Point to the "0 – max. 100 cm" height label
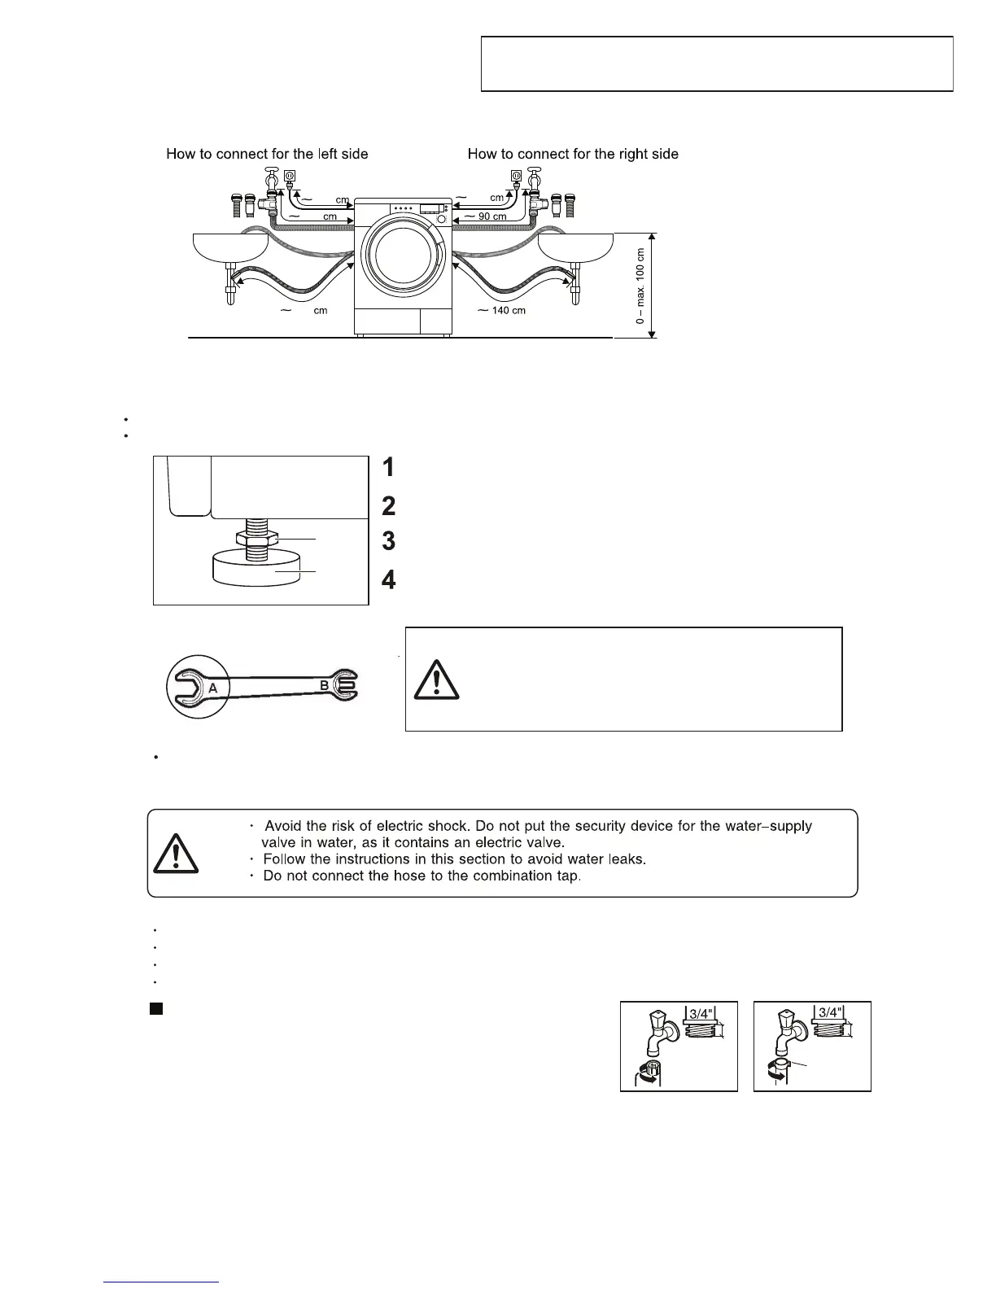coord(640,286)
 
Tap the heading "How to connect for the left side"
coord(267,154)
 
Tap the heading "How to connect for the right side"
coord(573,154)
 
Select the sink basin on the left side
coord(230,247)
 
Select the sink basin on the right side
coord(576,247)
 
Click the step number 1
coord(389,467)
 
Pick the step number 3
coord(389,540)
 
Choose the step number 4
coord(389,580)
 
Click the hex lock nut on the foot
coord(257,538)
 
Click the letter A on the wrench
coord(212,688)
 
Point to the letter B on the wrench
coord(324,686)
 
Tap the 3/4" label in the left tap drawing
coord(700,1014)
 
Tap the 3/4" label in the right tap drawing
coord(828,1013)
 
